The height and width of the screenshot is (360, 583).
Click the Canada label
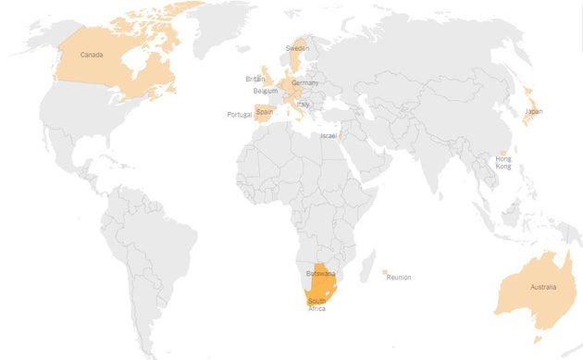pyautogui.click(x=92, y=55)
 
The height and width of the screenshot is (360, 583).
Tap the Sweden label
pyautogui.click(x=297, y=47)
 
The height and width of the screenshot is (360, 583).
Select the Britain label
pyautogui.click(x=255, y=79)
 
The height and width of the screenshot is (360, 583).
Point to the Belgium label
pyautogui.click(x=266, y=91)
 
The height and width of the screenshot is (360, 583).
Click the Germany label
pyautogui.click(x=304, y=83)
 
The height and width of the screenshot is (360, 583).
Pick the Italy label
pyautogui.click(x=303, y=105)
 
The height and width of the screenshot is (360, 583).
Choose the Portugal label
pyautogui.click(x=239, y=115)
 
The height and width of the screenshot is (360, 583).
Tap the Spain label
pyautogui.click(x=265, y=112)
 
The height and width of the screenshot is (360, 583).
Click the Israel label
pyautogui.click(x=329, y=136)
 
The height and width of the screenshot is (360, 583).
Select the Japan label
pyautogui.click(x=534, y=111)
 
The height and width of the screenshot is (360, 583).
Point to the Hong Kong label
pyautogui.click(x=503, y=162)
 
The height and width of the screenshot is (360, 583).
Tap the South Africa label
pyautogui.click(x=317, y=304)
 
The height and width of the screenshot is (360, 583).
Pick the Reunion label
pyautogui.click(x=399, y=277)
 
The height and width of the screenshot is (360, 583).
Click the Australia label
pyautogui.click(x=543, y=287)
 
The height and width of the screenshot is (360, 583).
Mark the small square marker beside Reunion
pyautogui.click(x=384, y=272)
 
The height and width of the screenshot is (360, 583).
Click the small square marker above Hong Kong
pyautogui.click(x=503, y=153)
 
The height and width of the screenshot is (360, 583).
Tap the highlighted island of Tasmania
pyautogui.click(x=538, y=339)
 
